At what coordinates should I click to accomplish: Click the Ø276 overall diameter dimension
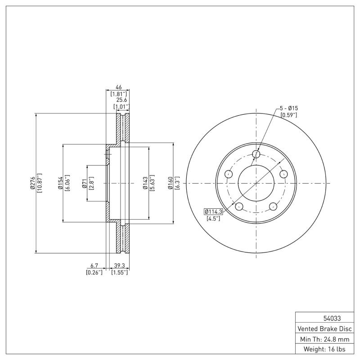[33, 183]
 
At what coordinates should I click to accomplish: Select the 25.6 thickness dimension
[121, 100]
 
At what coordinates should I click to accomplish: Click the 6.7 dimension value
[94, 266]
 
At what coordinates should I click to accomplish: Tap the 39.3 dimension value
[120, 266]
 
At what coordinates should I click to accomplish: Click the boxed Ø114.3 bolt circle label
[213, 211]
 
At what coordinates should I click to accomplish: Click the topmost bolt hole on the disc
[256, 154]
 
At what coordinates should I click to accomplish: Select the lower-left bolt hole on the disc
[239, 207]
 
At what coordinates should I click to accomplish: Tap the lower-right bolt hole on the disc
[273, 207]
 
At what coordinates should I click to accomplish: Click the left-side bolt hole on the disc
[229, 174]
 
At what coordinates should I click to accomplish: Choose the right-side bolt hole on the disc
[283, 174]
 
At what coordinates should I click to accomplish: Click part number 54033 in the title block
[325, 318]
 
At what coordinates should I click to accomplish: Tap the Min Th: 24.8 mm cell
[325, 338]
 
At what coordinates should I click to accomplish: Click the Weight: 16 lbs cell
[325, 349]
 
